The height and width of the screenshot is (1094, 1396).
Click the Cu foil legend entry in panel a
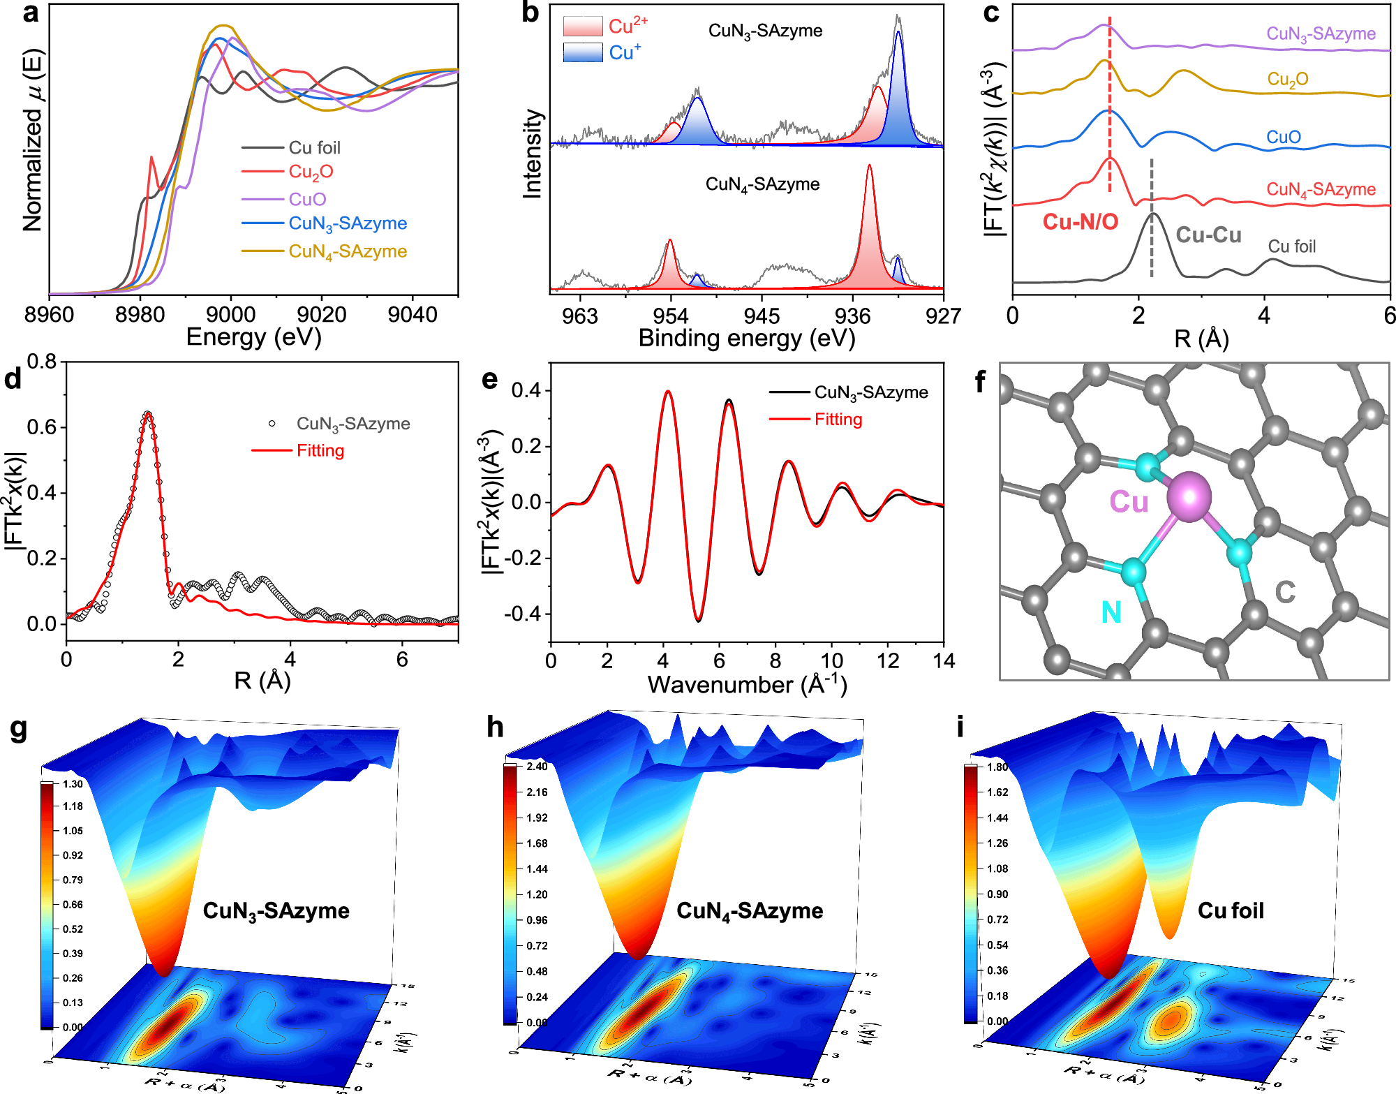click(314, 148)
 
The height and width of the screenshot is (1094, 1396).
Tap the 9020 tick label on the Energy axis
click(322, 315)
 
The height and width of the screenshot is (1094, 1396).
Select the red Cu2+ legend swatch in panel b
click(583, 27)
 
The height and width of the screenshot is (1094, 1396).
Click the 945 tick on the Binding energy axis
click(762, 316)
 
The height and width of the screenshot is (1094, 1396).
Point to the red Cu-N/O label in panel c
click(1081, 222)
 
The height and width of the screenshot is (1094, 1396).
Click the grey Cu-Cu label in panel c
click(1208, 235)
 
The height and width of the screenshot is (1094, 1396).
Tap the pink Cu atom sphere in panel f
click(1188, 496)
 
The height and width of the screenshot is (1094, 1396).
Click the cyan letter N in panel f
click(1111, 612)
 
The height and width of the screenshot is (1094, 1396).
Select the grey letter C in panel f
click(1285, 593)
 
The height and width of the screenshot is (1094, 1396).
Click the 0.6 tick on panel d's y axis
click(42, 427)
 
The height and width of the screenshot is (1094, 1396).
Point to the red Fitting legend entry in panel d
click(320, 450)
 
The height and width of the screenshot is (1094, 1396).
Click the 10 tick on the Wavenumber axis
click(831, 660)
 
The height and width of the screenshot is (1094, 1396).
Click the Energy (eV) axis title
click(253, 337)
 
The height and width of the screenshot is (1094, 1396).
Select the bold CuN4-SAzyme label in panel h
click(750, 911)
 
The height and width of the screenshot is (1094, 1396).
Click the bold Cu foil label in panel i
click(1231, 910)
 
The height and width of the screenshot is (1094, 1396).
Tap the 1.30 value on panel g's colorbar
click(73, 784)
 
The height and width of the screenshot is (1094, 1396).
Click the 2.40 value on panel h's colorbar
click(537, 767)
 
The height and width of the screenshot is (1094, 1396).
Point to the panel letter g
click(20, 728)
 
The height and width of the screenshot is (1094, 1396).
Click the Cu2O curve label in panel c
click(1288, 80)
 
